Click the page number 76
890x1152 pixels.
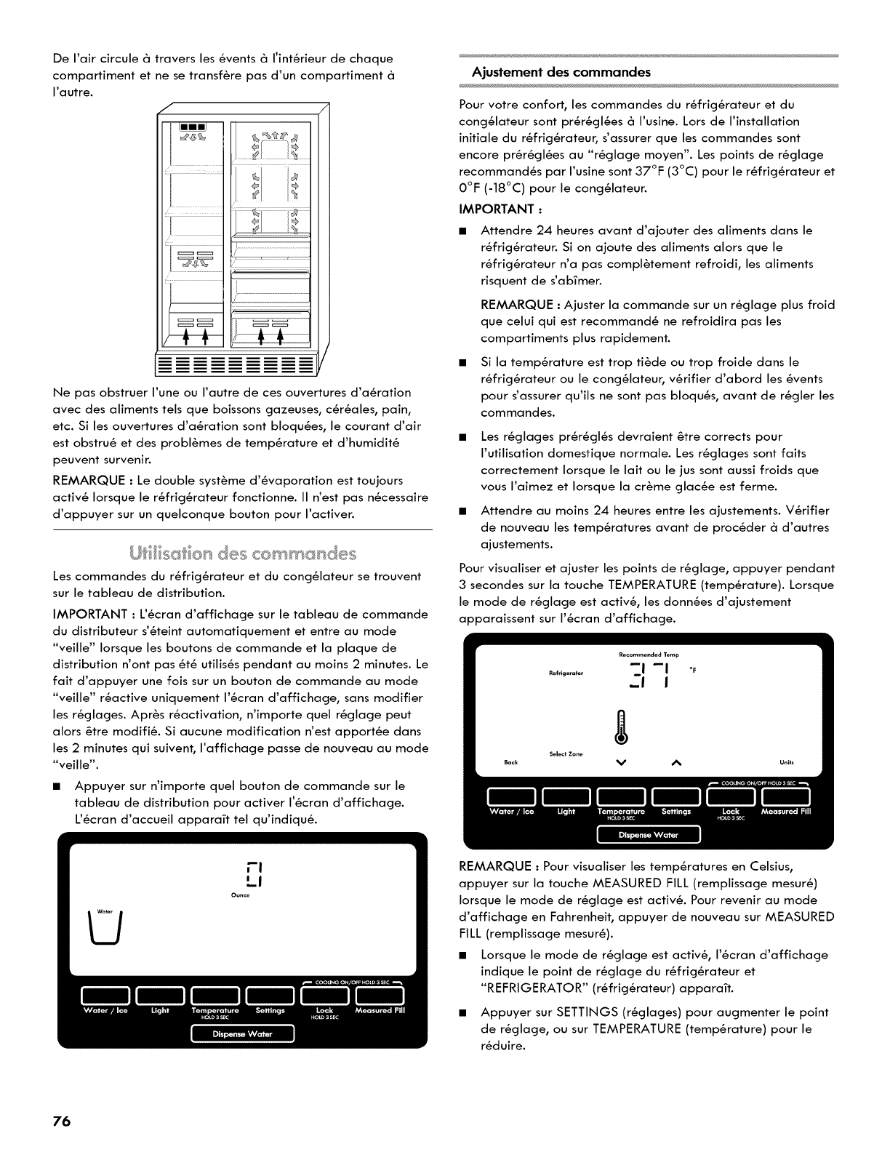coord(60,1121)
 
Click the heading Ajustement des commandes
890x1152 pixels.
coord(561,72)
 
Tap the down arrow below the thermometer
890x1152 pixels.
coord(620,762)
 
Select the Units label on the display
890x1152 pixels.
coord(786,762)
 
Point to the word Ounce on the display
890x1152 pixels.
coord(241,896)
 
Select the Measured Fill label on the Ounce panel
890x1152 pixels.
coord(380,1011)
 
